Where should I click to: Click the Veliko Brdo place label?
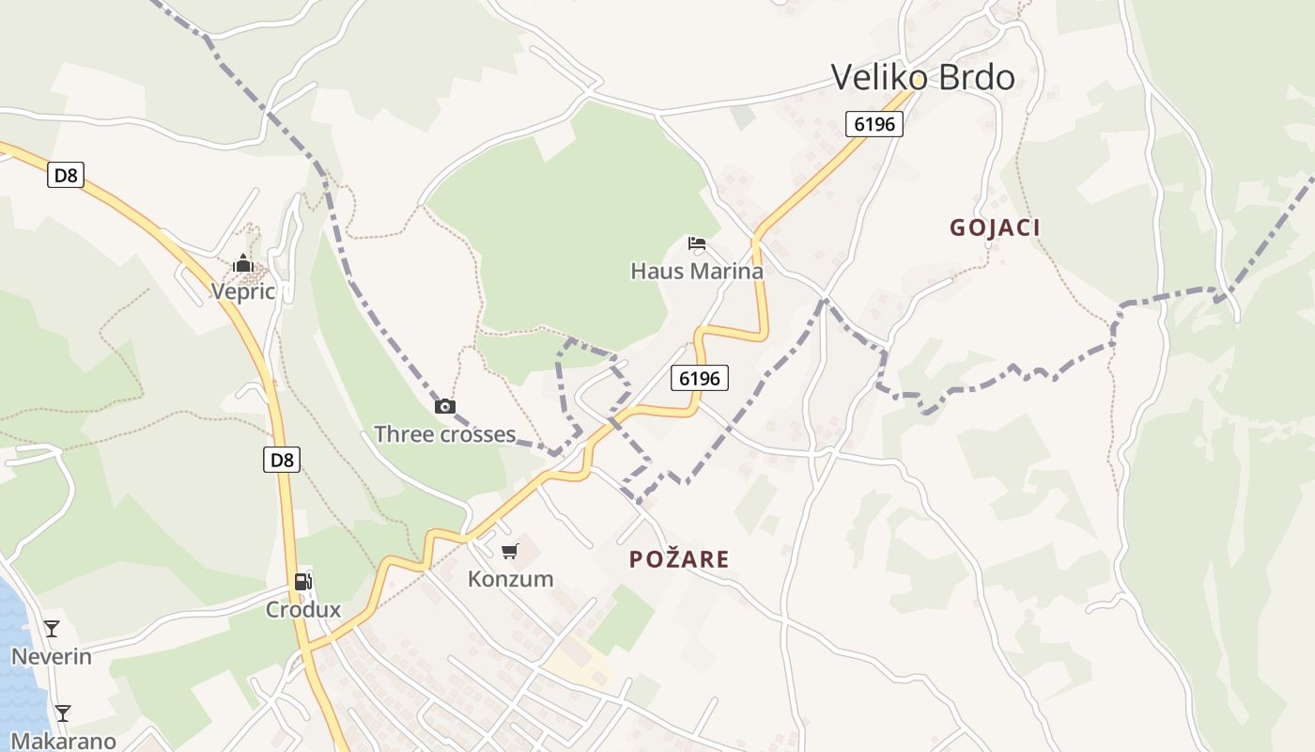pyautogui.click(x=923, y=77)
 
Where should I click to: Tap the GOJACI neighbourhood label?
pyautogui.click(x=995, y=227)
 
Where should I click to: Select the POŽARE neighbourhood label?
pyautogui.click(x=679, y=559)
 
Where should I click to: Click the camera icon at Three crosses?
pyautogui.click(x=445, y=407)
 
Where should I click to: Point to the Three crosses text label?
pyautogui.click(x=445, y=434)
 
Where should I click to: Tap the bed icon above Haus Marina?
pyautogui.click(x=696, y=243)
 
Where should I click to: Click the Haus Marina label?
pyautogui.click(x=696, y=271)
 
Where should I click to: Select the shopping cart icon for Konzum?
pyautogui.click(x=509, y=552)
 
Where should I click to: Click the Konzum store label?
pyautogui.click(x=510, y=578)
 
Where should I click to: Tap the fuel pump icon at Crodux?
pyautogui.click(x=302, y=582)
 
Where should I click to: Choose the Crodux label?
pyautogui.click(x=302, y=609)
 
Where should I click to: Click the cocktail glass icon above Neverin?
pyautogui.click(x=52, y=629)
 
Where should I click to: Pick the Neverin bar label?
pyautogui.click(x=52, y=656)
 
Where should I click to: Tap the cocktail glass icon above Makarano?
pyautogui.click(x=62, y=713)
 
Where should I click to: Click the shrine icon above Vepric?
pyautogui.click(x=243, y=263)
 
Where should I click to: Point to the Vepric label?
pyautogui.click(x=243, y=291)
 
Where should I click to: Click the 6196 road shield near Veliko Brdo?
pyautogui.click(x=874, y=124)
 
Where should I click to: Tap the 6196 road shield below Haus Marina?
pyautogui.click(x=700, y=378)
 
